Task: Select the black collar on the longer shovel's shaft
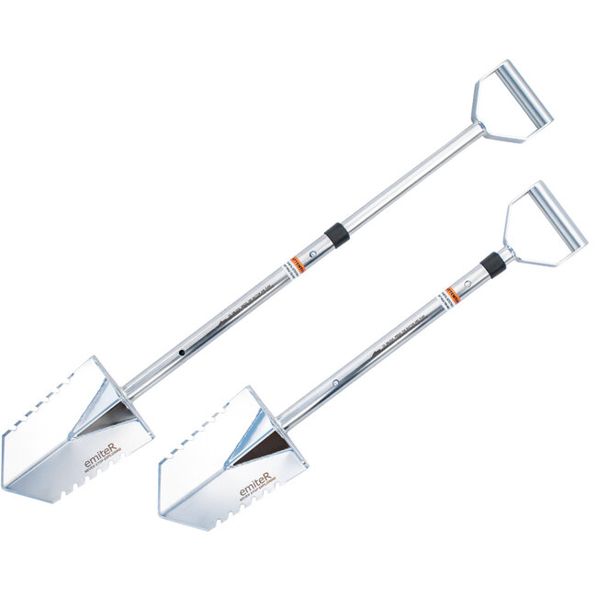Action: click(x=337, y=235)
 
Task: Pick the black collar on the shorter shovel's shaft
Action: click(x=493, y=265)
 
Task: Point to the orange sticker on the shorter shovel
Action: click(x=452, y=296)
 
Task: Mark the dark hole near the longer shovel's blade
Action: click(x=182, y=353)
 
